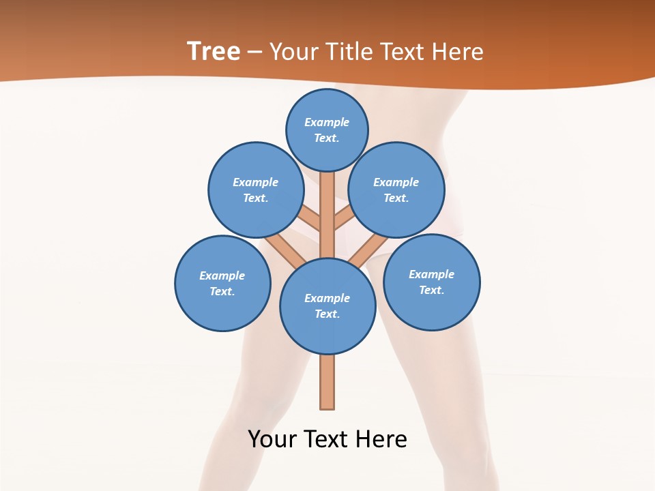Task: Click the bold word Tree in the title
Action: point(214,51)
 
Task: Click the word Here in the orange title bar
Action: point(458,51)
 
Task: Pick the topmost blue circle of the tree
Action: point(327,130)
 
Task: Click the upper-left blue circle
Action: point(256,190)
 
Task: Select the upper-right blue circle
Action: point(396,190)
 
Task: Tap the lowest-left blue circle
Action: point(222,284)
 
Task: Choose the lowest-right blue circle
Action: point(432,282)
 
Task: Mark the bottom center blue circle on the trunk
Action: point(327,306)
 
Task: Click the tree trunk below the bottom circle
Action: point(327,382)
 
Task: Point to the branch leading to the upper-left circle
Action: point(310,220)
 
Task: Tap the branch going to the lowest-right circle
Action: point(371,249)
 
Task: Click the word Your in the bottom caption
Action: point(272,438)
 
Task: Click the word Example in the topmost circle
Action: point(327,122)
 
